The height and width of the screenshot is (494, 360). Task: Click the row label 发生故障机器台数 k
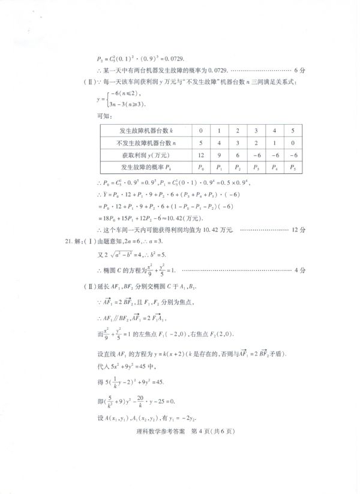coord(142,130)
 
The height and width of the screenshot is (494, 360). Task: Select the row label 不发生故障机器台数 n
coord(142,143)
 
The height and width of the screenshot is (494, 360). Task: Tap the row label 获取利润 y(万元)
coord(142,155)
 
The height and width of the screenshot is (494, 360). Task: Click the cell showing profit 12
coord(200,155)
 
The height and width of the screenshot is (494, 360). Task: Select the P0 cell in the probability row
coord(200,168)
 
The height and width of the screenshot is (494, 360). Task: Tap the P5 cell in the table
coord(293,168)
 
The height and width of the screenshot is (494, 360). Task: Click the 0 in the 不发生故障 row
coord(293,143)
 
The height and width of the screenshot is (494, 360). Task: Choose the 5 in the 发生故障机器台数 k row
coord(293,130)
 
